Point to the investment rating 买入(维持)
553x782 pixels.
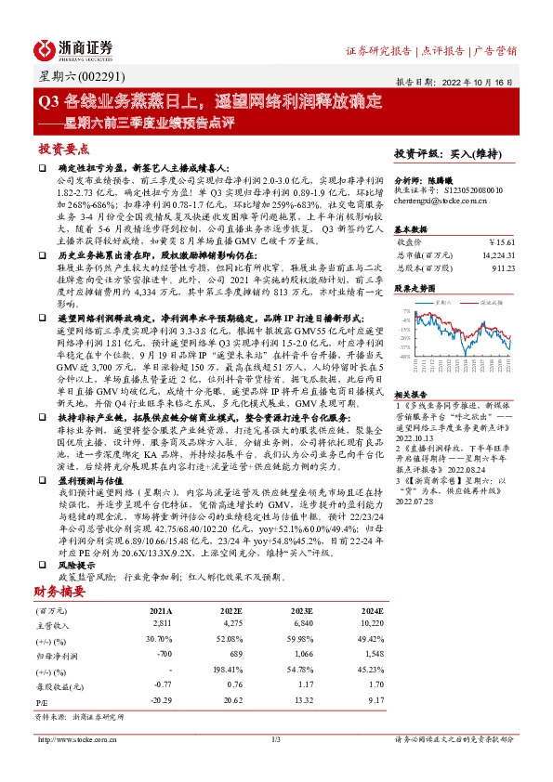coord(477,153)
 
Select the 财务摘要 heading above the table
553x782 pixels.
coord(60,590)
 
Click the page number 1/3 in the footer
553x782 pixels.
coord(275,739)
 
